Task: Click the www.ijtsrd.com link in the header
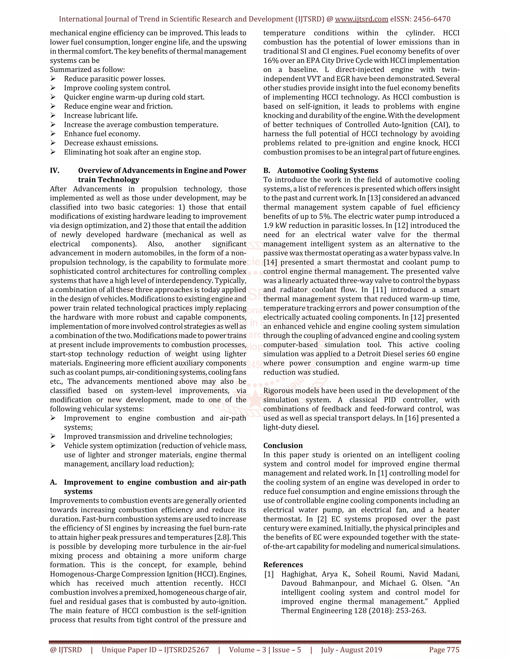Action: (361, 19)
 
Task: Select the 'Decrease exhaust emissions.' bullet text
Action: (111, 143)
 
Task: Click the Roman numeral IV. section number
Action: (55, 171)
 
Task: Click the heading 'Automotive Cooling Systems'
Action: (327, 171)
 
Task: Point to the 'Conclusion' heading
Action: (283, 446)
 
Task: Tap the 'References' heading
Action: (283, 565)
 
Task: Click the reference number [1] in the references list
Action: (269, 574)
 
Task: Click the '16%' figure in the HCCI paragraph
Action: (270, 60)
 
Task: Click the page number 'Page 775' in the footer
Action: (444, 650)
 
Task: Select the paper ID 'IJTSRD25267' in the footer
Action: (187, 650)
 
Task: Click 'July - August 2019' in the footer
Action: (351, 650)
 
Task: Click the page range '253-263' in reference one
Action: (412, 611)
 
